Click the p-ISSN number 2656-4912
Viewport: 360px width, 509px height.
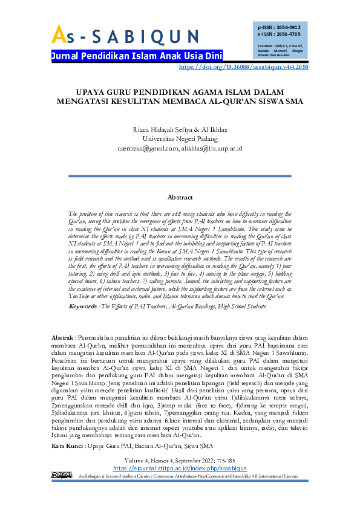[288, 27]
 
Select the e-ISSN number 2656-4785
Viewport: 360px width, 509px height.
[288, 34]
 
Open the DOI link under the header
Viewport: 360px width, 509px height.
[244, 68]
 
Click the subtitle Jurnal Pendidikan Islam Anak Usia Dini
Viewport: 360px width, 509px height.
[137, 56]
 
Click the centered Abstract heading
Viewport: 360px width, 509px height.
[180, 197]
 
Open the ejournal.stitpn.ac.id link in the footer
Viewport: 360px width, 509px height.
[180, 485]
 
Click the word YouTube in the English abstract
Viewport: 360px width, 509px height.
[79, 280]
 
